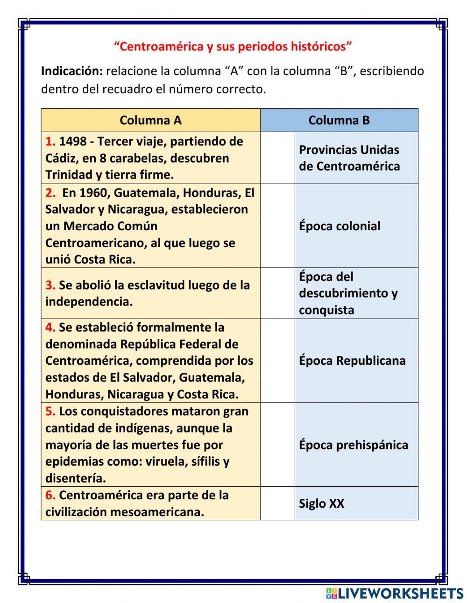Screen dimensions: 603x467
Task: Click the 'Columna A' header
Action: pos(150,121)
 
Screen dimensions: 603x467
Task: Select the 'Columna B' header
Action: pos(339,121)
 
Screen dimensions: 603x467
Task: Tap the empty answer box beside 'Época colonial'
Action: pos(277,226)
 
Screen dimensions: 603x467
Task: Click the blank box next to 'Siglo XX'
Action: pos(277,503)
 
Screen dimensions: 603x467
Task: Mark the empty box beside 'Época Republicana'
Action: pos(277,361)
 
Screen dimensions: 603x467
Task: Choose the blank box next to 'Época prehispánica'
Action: pos(277,445)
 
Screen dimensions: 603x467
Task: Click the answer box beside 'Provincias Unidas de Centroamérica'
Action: pos(277,158)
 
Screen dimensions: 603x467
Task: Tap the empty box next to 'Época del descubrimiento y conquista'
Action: pos(277,293)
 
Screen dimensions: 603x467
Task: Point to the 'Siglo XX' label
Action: pos(322,504)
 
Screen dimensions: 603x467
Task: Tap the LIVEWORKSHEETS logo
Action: pos(395,593)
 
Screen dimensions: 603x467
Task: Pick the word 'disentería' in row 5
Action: pos(75,478)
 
